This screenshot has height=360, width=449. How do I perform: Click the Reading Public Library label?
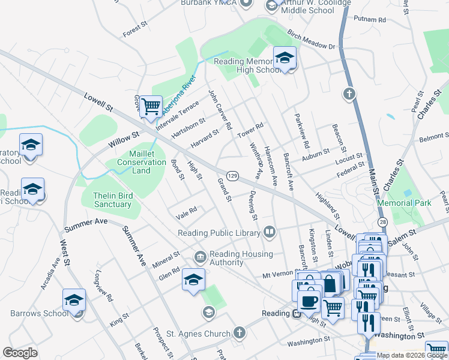219,233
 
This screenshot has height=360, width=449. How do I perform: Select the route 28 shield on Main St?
382,223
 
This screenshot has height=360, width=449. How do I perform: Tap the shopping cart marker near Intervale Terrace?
152,106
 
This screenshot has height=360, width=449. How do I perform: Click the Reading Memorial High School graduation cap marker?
285,58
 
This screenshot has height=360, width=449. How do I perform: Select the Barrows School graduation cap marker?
74,299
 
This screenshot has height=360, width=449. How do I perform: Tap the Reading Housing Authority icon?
200,257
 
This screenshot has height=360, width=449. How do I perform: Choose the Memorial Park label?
404,203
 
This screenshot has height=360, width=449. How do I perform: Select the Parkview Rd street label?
301,131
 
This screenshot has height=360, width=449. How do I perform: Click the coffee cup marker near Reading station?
309,301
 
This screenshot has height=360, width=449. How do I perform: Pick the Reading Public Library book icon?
270,232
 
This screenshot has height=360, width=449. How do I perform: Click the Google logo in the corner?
20,353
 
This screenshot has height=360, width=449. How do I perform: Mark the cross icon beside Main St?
349,94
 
